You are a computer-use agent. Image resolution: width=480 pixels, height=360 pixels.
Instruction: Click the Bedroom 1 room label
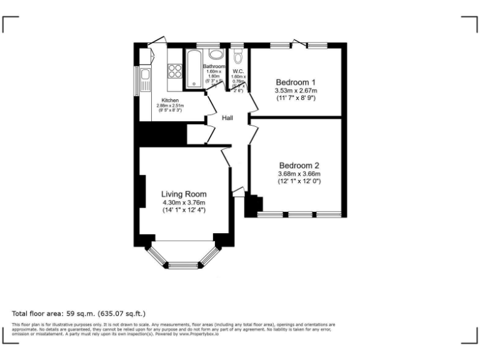(x=296, y=82)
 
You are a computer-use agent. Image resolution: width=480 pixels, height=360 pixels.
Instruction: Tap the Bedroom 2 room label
(x=299, y=166)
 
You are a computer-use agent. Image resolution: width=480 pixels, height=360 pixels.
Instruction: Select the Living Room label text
(x=183, y=194)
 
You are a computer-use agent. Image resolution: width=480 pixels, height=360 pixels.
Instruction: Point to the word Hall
(x=227, y=117)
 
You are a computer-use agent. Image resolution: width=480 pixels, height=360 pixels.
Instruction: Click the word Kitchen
(x=170, y=101)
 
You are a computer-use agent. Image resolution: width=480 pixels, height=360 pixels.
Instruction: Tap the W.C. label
(x=238, y=71)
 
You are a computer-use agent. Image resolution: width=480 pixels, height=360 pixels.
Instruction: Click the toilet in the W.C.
(x=237, y=57)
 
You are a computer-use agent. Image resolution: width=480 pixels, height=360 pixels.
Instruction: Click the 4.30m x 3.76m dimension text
(x=184, y=202)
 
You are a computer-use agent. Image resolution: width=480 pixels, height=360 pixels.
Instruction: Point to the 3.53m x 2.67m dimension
(x=296, y=91)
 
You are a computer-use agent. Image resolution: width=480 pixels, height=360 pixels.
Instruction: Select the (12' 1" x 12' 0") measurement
(x=299, y=181)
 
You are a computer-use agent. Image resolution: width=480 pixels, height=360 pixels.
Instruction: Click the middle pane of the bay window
(x=184, y=264)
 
